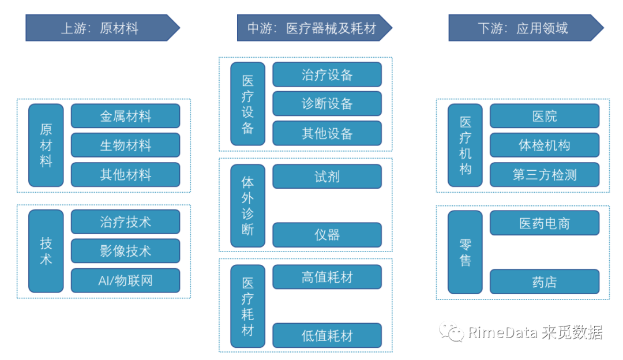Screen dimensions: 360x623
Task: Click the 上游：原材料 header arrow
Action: pyautogui.click(x=101, y=28)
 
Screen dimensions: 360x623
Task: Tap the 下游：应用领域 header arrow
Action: pyautogui.click(x=524, y=28)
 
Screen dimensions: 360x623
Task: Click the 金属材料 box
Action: pyautogui.click(x=125, y=116)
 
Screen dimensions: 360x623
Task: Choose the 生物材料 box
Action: pyautogui.click(x=125, y=145)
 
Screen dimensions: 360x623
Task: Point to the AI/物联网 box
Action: pyautogui.click(x=125, y=281)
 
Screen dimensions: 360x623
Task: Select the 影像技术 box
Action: pyautogui.click(x=125, y=251)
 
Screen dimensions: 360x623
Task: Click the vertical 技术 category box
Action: pyautogui.click(x=46, y=251)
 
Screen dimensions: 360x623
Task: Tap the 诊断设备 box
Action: pyautogui.click(x=327, y=104)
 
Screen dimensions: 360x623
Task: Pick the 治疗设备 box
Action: pyautogui.click(x=327, y=74)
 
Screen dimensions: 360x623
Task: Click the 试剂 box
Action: pyautogui.click(x=327, y=177)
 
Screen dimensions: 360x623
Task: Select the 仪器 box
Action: pyautogui.click(x=327, y=235)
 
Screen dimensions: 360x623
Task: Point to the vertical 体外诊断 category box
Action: pyautogui.click(x=247, y=206)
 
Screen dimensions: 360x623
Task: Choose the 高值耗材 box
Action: pyautogui.click(x=327, y=277)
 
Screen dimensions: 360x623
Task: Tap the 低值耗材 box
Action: pyautogui.click(x=327, y=336)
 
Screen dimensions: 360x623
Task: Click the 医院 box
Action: pyautogui.click(x=545, y=116)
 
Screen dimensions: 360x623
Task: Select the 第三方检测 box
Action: pyautogui.click(x=545, y=175)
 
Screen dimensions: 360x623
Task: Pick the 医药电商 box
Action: pyautogui.click(x=545, y=223)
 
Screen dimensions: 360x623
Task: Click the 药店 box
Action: pyautogui.click(x=545, y=282)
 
